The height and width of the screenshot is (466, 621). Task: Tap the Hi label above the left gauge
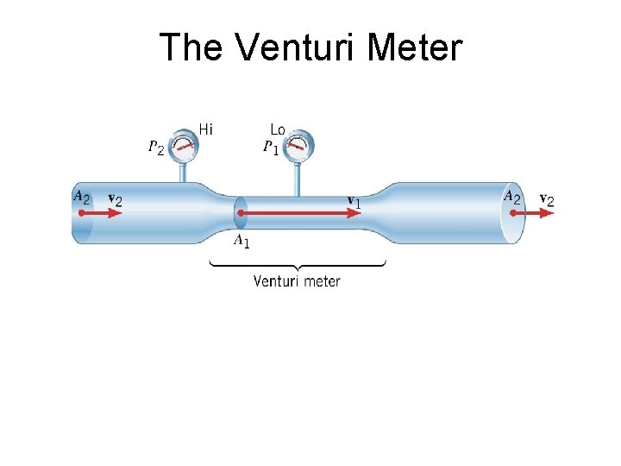click(x=206, y=129)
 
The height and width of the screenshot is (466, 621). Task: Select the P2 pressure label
click(x=157, y=148)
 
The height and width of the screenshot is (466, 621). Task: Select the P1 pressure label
click(x=272, y=148)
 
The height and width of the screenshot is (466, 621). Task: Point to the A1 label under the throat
click(x=241, y=241)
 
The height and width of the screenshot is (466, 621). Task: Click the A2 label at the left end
click(x=81, y=197)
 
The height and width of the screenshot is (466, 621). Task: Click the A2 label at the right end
click(x=512, y=197)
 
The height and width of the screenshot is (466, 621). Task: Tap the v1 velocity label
click(x=354, y=201)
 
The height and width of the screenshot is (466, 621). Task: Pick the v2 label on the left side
click(x=115, y=199)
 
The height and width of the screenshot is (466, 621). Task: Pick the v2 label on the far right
click(x=547, y=199)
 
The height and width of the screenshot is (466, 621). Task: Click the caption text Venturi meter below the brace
click(x=297, y=281)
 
